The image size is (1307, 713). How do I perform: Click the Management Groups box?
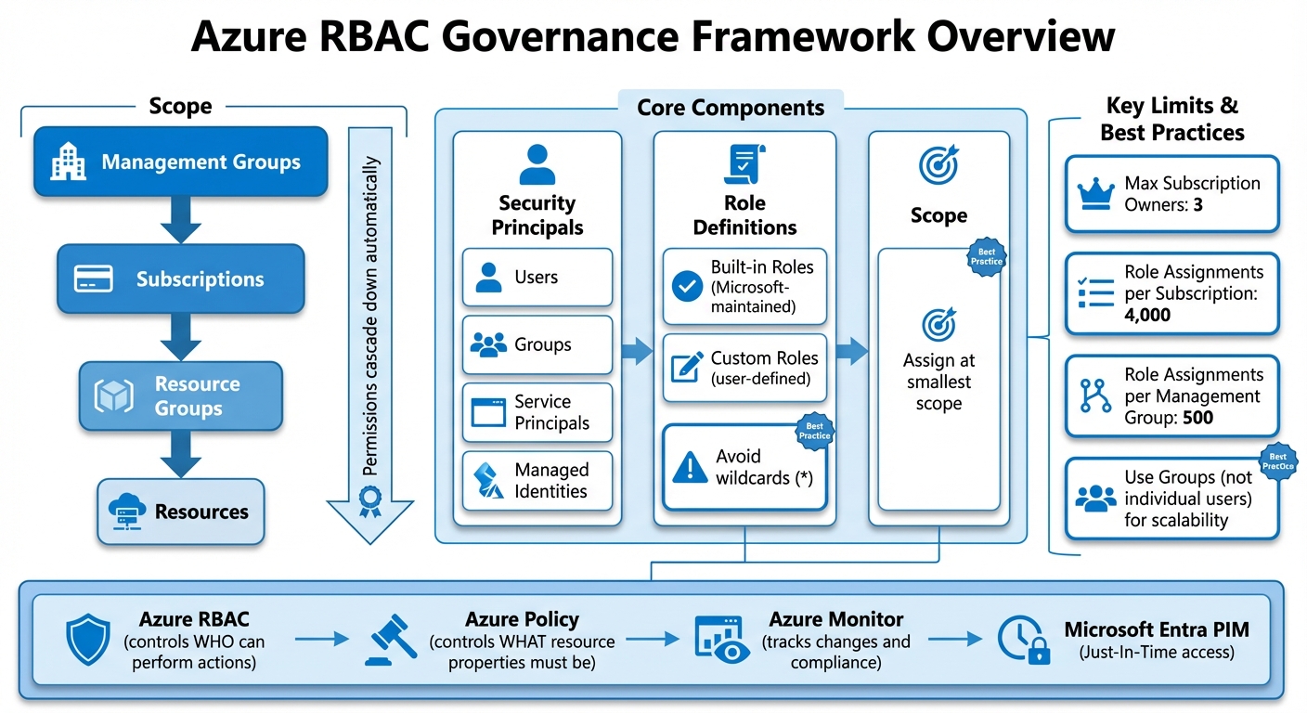tap(181, 162)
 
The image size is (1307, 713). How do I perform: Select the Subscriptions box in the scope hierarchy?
tap(181, 279)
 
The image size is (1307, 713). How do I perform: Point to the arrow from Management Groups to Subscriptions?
tap(181, 220)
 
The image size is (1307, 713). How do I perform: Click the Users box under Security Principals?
tap(537, 277)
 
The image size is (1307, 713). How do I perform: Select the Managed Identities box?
tap(537, 481)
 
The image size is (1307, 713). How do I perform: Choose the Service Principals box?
tap(537, 412)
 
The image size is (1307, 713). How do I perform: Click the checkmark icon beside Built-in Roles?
tap(687, 288)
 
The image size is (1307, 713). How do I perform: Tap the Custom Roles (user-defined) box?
tap(744, 368)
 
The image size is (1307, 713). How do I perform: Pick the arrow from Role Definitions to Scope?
tap(851, 351)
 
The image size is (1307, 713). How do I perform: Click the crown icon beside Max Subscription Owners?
tap(1095, 195)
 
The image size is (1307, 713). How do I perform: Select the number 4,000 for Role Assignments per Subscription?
tap(1147, 315)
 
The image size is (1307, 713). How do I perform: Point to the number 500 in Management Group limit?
tap(1197, 417)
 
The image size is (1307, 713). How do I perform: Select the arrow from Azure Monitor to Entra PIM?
tap(955, 639)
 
